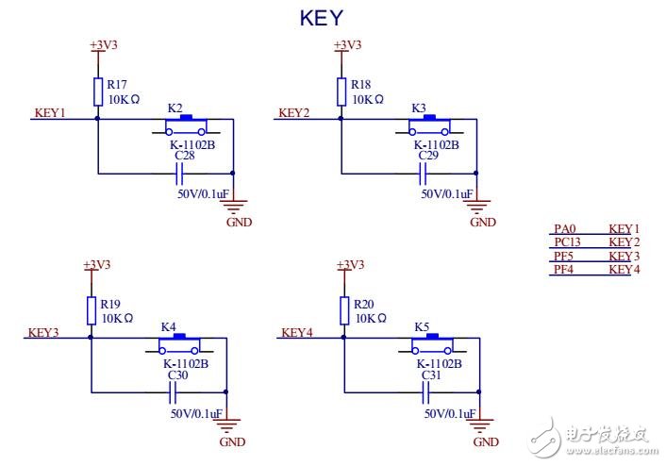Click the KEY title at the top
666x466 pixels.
321,18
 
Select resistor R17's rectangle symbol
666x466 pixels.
98,92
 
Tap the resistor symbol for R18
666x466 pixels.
341,92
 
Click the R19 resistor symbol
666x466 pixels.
92,310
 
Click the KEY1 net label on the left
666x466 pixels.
50,113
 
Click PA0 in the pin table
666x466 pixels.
563,229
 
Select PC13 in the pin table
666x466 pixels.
567,242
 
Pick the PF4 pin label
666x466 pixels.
563,270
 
